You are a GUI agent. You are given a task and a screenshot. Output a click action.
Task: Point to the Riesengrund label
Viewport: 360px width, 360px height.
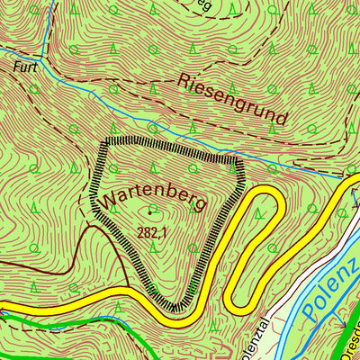pyautogui.click(x=233, y=99)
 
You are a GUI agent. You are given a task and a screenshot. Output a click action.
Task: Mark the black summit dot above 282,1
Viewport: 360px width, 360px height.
pyautogui.click(x=150, y=214)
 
